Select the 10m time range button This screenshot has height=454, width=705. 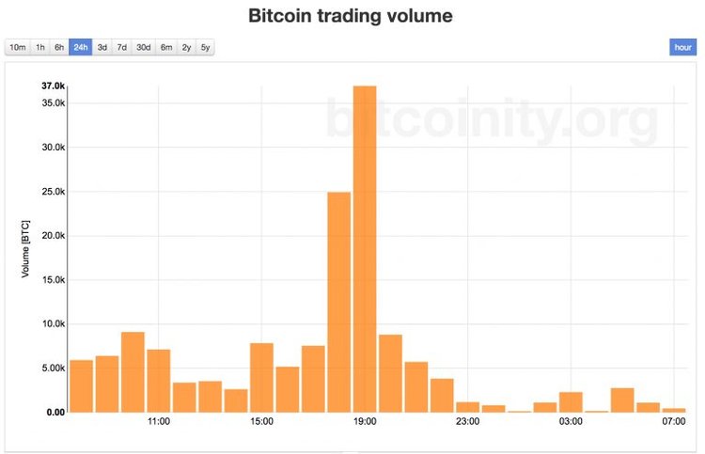pos(17,47)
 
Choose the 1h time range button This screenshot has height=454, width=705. pos(39,47)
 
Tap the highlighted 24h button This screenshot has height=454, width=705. pos(80,47)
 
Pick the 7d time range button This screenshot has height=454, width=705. pos(122,47)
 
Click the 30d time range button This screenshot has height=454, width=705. pos(144,47)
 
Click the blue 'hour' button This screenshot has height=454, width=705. pos(682,47)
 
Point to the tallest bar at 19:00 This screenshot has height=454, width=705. pos(365,249)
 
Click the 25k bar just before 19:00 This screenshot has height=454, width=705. pos(338,302)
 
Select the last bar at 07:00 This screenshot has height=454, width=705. pos(673,410)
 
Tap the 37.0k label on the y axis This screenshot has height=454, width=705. pos(53,86)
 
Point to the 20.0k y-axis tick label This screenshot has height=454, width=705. pos(53,236)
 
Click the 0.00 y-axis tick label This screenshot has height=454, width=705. pos(55,413)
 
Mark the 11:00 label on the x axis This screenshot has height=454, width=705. pos(158,422)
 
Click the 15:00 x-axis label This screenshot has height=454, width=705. pos(261,422)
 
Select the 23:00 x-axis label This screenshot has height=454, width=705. pos(467,422)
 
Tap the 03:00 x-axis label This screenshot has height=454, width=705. pos(571,422)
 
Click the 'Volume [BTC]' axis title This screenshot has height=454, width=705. pos(26,248)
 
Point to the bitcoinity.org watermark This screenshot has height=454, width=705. pos(492,121)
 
